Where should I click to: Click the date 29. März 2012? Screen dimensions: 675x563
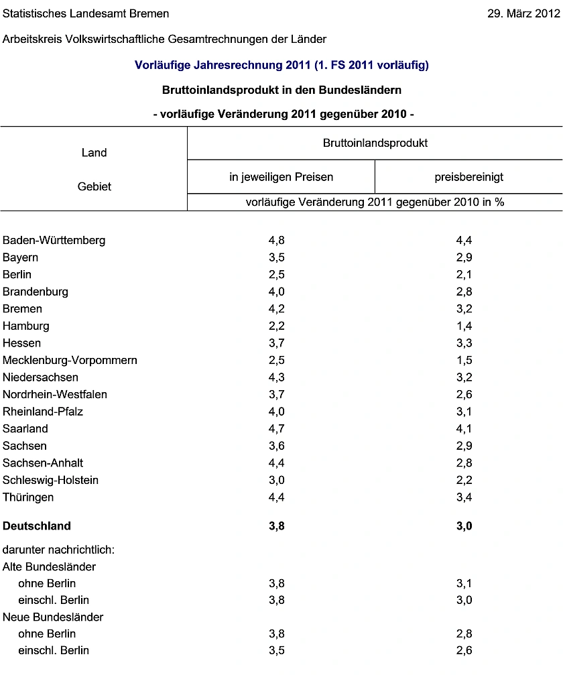click(x=523, y=13)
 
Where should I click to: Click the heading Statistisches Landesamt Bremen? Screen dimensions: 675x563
click(x=86, y=13)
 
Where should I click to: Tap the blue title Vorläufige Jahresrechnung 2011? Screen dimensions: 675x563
click(x=281, y=65)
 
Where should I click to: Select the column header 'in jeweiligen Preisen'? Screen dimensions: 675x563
click(x=281, y=177)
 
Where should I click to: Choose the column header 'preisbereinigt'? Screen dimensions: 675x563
click(x=469, y=177)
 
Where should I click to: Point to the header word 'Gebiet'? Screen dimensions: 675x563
click(x=94, y=186)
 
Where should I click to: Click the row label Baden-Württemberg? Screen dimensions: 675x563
click(x=54, y=240)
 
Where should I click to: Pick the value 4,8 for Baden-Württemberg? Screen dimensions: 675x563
click(x=276, y=240)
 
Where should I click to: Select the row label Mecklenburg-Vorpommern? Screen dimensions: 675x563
click(x=70, y=360)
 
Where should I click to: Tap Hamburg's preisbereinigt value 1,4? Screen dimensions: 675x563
click(x=464, y=326)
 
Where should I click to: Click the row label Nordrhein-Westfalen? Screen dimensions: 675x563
click(x=55, y=394)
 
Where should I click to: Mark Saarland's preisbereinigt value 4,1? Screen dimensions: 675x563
click(x=464, y=428)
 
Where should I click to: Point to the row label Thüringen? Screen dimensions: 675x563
click(x=28, y=497)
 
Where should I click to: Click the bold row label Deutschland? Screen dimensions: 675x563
click(x=37, y=526)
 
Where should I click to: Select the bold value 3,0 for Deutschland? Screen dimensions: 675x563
click(x=464, y=526)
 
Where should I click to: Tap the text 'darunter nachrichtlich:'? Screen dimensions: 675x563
click(x=59, y=550)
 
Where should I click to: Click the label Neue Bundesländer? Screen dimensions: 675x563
click(x=53, y=617)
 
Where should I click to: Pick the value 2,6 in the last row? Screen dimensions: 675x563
click(x=464, y=650)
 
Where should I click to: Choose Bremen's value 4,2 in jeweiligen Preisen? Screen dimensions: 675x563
click(x=276, y=309)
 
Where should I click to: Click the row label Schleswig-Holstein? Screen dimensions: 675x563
click(x=51, y=480)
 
